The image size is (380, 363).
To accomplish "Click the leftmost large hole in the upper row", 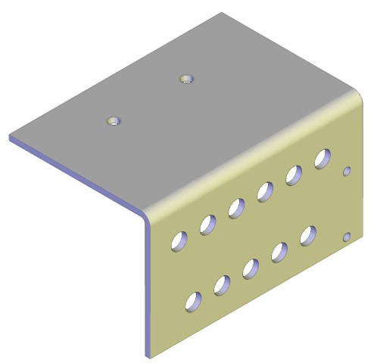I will point(179,240).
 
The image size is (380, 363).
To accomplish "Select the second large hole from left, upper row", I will point(207,224).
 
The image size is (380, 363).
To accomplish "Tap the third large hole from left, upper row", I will point(236,207).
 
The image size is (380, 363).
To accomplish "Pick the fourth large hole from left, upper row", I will point(265,191).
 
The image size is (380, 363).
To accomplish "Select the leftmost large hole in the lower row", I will point(194,301).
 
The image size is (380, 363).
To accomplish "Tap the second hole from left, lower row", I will point(222,285).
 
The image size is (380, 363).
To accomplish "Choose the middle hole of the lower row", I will point(251,268).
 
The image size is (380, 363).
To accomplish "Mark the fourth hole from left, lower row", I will point(279,252).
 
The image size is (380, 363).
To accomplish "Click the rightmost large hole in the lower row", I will point(308,236).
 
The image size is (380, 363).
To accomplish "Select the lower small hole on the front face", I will point(347,238).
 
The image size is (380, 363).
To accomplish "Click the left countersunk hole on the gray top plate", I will point(114,120).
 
